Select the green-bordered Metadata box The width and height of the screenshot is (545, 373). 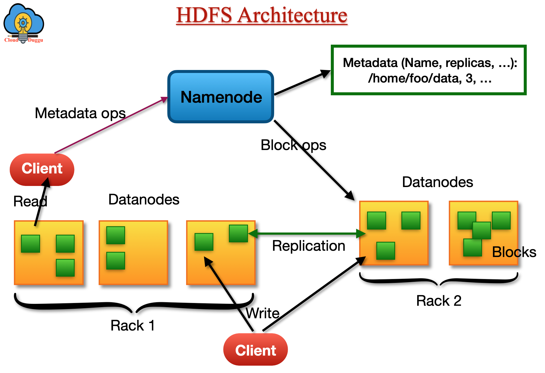point(428,70)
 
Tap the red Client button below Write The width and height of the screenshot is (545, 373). point(255,350)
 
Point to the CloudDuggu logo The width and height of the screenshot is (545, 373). point(23,23)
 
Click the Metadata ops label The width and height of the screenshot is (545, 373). point(80,113)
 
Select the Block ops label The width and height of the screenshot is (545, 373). point(293,145)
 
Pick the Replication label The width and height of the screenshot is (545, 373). point(308,246)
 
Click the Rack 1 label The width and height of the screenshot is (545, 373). point(133,325)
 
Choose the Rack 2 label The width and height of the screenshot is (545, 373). point(439,301)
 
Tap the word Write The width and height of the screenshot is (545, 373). point(263,313)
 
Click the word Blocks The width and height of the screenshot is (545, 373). point(514,252)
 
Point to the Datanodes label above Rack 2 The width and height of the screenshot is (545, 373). point(437,182)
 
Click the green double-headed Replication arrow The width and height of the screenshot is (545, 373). point(307,233)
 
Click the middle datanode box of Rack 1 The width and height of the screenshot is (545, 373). point(133,253)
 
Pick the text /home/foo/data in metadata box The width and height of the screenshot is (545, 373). point(414,78)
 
